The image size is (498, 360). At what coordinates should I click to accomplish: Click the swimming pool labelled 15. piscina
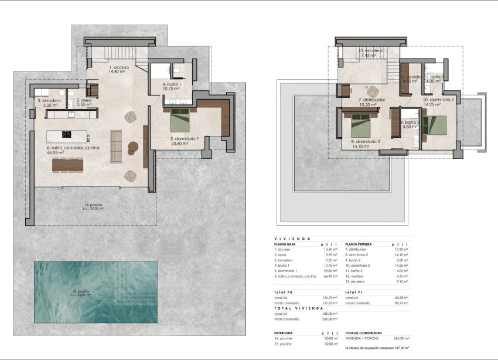pyautogui.click(x=95, y=291)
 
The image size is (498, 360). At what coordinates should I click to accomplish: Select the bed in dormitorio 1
pyautogui.click(x=178, y=122)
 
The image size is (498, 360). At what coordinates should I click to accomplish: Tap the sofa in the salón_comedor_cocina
pyautogui.click(x=116, y=142)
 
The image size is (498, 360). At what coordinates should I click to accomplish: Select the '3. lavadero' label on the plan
pyautogui.click(x=49, y=101)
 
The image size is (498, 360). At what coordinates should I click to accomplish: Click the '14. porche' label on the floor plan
pyautogui.click(x=92, y=205)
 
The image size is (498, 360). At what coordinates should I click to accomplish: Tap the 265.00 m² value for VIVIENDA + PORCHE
pyautogui.click(x=402, y=338)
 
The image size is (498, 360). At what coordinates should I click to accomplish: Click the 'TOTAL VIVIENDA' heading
pyautogui.click(x=291, y=308)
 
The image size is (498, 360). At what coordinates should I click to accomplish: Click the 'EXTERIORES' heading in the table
pyautogui.click(x=285, y=332)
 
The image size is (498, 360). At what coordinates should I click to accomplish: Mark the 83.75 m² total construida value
pyautogui.click(x=401, y=303)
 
